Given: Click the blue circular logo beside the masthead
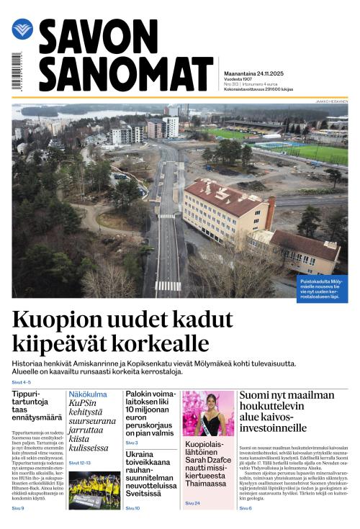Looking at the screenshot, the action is (22, 30).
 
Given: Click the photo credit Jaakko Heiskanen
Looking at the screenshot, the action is (332, 101).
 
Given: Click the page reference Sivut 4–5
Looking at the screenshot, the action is (22, 382).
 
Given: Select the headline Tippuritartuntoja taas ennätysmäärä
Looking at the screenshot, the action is (35, 407).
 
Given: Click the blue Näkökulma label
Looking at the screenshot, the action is (88, 394).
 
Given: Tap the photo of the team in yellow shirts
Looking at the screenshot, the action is (94, 490).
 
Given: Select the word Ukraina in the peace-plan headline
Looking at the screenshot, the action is (139, 454).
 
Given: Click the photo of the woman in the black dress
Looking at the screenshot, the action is (209, 414).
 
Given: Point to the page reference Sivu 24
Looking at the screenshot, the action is (192, 503).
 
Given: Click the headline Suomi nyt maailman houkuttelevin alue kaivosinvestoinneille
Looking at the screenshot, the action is (287, 411).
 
